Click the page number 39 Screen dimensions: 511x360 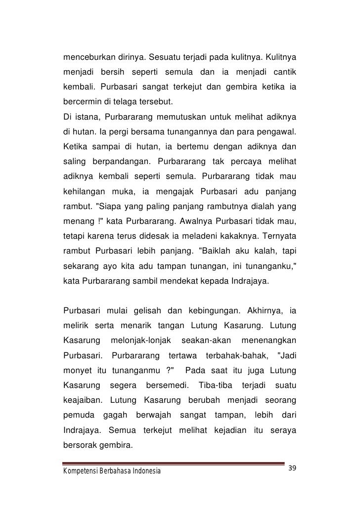click(x=293, y=468)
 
